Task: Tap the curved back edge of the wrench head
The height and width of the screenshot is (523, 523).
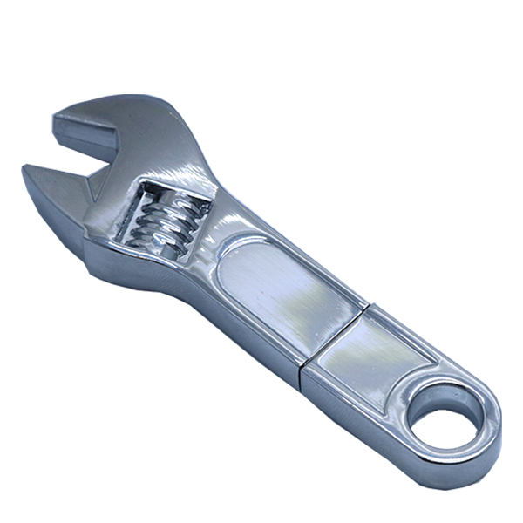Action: coord(187,131)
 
